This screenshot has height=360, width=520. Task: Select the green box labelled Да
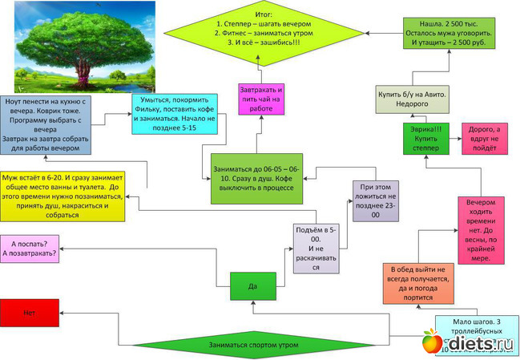tap(252, 285)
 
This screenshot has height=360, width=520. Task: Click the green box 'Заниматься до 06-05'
tap(256, 178)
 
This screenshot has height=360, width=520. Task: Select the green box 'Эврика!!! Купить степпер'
tap(425, 138)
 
